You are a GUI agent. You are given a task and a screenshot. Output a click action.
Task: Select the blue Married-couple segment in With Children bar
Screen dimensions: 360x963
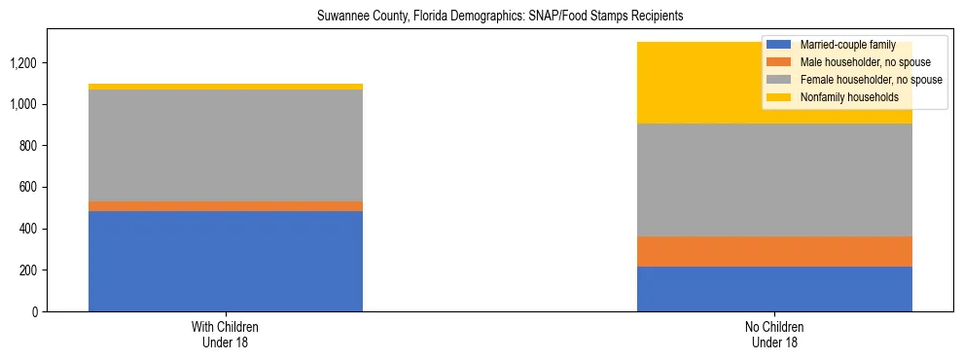[226, 261]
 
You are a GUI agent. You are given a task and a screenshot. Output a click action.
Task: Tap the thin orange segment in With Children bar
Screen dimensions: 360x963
[226, 206]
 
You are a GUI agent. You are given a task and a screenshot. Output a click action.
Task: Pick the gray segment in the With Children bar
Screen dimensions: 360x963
[226, 146]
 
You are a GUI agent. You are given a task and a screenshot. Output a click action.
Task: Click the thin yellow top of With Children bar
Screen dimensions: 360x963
[226, 87]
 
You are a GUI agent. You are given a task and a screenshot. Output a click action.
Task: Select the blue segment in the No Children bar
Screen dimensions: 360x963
[774, 288]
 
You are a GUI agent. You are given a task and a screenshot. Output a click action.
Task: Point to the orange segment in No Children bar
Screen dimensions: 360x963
[774, 251]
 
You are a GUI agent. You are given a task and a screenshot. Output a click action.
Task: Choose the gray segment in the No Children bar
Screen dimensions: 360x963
[774, 180]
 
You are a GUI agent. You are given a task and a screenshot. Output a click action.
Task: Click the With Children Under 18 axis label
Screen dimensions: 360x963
[226, 335]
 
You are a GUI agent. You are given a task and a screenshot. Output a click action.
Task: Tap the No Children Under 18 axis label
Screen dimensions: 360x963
[774, 335]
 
